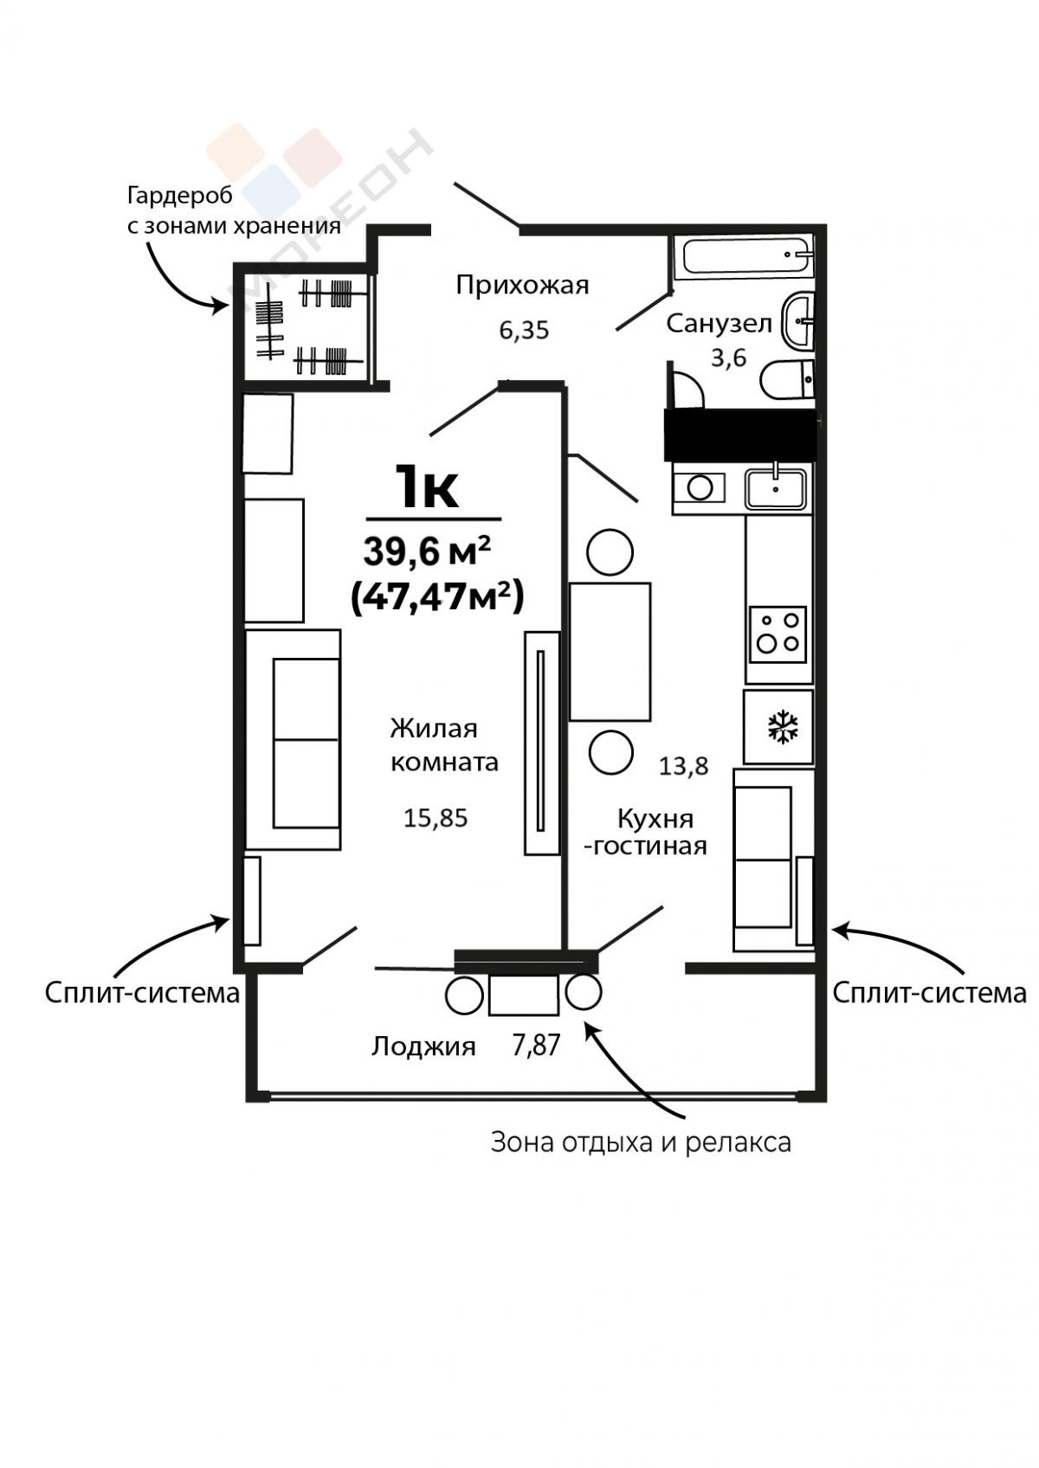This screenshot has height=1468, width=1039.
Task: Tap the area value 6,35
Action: click(x=524, y=331)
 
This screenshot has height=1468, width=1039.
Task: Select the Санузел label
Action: click(x=720, y=325)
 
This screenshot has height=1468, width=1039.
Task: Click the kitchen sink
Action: click(x=775, y=488)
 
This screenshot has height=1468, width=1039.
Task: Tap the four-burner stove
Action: click(x=778, y=634)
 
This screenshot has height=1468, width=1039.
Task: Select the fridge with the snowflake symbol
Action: click(x=778, y=727)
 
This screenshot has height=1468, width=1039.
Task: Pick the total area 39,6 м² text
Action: click(x=428, y=551)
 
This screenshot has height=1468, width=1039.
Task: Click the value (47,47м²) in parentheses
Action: click(x=437, y=597)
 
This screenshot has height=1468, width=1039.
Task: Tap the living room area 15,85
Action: click(x=436, y=819)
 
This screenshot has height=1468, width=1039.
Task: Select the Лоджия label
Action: click(x=423, y=1046)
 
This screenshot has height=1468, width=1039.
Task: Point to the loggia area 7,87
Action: click(x=536, y=1046)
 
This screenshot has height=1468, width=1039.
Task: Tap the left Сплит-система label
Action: click(x=142, y=994)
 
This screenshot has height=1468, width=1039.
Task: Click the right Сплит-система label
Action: click(x=930, y=994)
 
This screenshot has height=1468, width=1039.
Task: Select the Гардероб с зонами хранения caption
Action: click(x=234, y=211)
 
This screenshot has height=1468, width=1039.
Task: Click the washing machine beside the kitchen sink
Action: click(x=700, y=487)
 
